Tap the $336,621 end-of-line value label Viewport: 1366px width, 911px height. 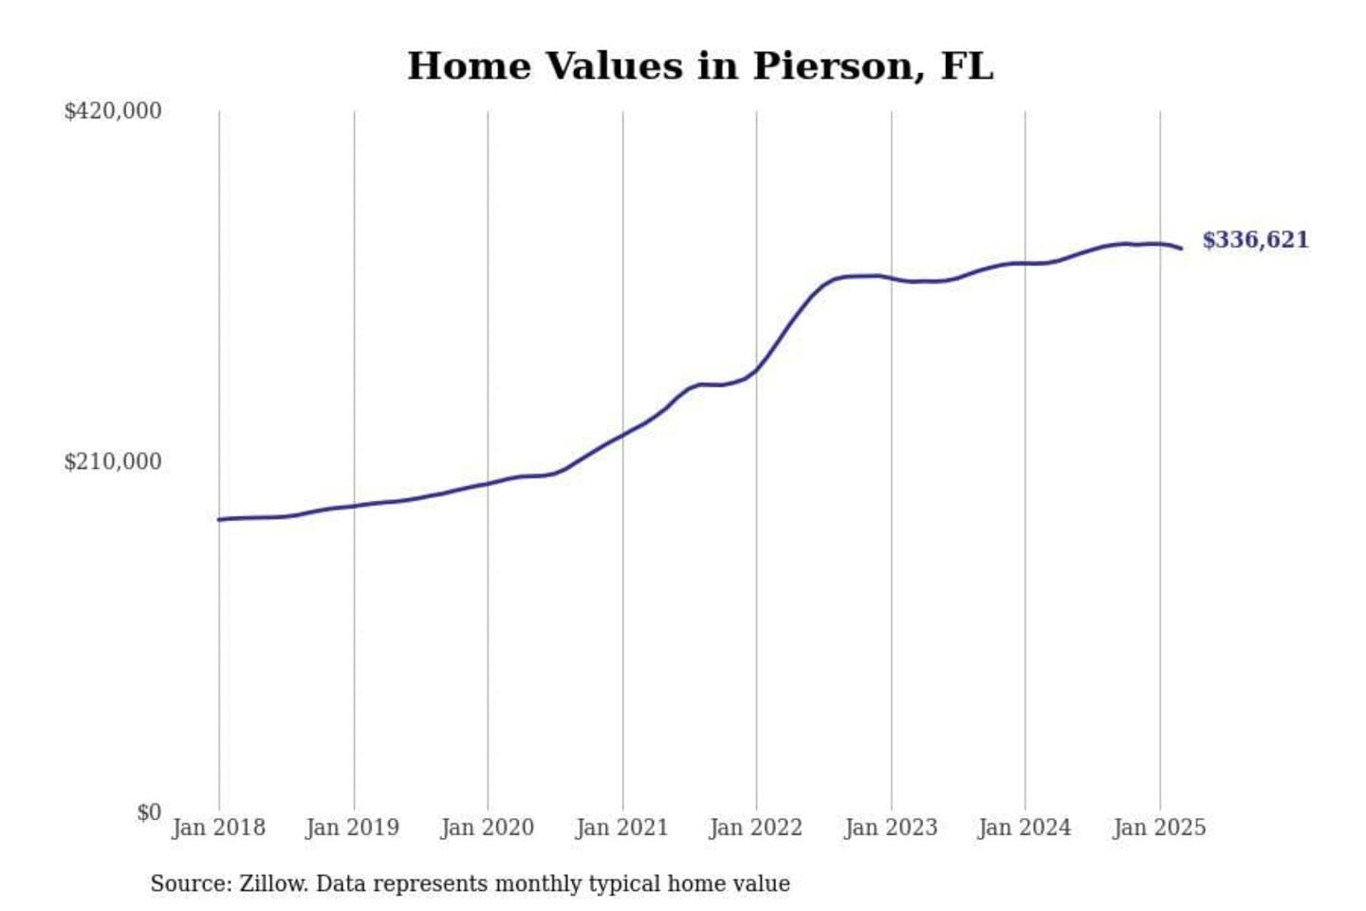click(x=1255, y=240)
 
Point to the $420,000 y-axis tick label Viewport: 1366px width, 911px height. click(x=112, y=111)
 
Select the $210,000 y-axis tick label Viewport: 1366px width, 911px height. click(x=112, y=462)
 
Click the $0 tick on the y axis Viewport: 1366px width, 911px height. click(x=148, y=813)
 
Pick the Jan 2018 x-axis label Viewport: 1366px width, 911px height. click(x=218, y=827)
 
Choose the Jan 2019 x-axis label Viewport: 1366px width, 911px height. click(x=353, y=827)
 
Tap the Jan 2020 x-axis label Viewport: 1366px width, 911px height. click(x=488, y=827)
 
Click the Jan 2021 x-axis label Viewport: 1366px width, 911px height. click(x=622, y=827)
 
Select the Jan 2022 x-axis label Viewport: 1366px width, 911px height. click(x=756, y=827)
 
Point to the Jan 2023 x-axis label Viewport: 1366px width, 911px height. click(x=891, y=827)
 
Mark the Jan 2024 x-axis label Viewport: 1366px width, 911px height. click(x=1024, y=827)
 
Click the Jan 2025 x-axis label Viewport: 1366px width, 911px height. click(x=1159, y=827)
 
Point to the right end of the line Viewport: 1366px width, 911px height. click(x=1181, y=249)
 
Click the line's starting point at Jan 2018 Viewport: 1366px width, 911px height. click(x=219, y=519)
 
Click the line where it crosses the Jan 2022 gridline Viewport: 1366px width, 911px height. click(x=757, y=368)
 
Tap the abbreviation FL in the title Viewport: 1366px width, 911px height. click(x=968, y=66)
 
